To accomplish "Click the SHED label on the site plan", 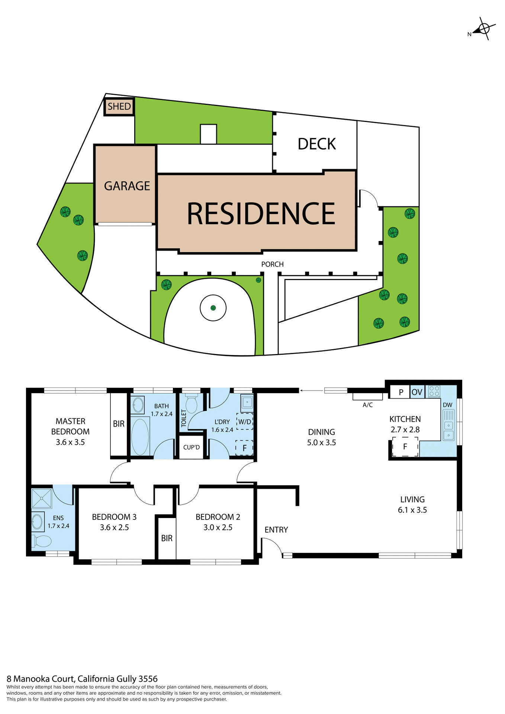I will [119, 107].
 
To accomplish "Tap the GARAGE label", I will [127, 186].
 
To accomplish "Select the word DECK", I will [317, 144].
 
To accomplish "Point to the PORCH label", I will [272, 264].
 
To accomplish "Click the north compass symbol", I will [483, 29].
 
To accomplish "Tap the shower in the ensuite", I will [42, 498].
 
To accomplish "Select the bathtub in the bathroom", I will [140, 437].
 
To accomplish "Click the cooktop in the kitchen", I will [434, 391].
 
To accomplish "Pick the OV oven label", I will [417, 392].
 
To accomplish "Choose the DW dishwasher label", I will [447, 405].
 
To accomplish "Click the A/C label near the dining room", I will [367, 405].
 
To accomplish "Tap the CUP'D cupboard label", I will [192, 447].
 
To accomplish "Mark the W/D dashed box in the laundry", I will [245, 422].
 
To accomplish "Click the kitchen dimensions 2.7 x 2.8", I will [405, 430].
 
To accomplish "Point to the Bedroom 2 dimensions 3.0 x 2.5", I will [218, 527].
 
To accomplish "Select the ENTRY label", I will [276, 530].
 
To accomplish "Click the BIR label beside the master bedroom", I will [119, 424].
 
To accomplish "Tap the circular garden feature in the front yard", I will [213, 308].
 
